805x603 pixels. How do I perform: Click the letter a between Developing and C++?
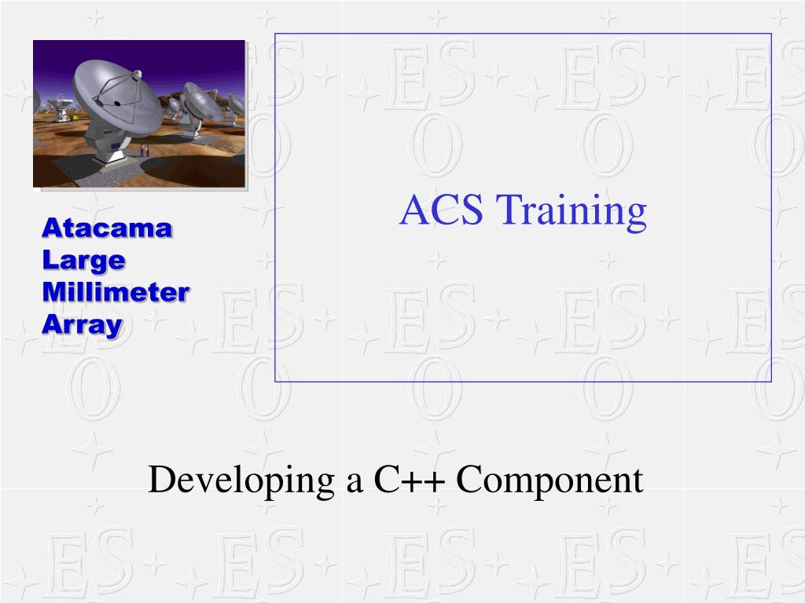click(x=354, y=482)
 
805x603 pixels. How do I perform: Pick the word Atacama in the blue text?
click(x=107, y=228)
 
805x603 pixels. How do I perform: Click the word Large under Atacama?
click(x=83, y=260)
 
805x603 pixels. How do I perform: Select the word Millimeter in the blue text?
click(x=116, y=292)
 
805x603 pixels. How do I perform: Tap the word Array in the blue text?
click(x=82, y=324)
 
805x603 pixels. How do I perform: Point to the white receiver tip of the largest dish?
click(x=136, y=75)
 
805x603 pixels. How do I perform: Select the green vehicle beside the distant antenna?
click(x=75, y=118)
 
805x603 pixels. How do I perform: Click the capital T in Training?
click(x=512, y=210)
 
